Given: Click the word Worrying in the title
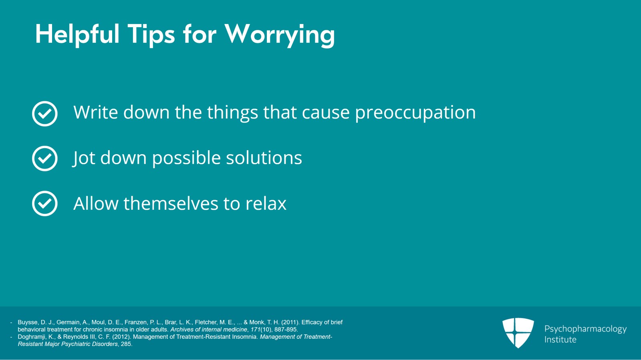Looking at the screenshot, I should [x=280, y=35].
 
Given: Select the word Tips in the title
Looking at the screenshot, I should [x=151, y=35].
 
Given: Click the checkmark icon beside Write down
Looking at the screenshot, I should [x=45, y=114].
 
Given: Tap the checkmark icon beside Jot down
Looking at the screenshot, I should [x=45, y=159].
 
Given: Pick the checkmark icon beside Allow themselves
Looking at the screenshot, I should [x=45, y=203].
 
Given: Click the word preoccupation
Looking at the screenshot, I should [x=415, y=113].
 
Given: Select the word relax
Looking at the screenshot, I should [x=266, y=203].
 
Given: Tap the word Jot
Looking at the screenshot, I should [x=84, y=158].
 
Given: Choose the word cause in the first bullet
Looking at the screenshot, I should [x=325, y=113].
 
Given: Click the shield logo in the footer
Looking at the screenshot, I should [x=518, y=332].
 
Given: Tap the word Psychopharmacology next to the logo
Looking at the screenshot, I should [x=585, y=329].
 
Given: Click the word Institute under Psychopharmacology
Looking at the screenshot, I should [x=560, y=340].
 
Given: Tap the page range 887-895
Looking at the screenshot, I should [x=286, y=330].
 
